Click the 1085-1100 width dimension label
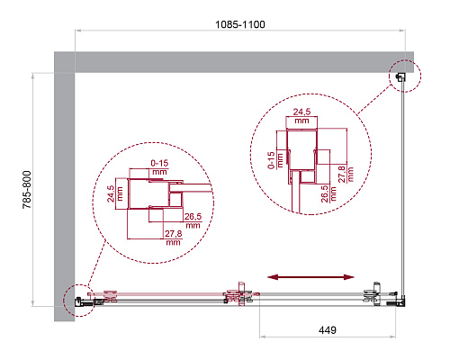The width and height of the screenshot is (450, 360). click(x=240, y=24)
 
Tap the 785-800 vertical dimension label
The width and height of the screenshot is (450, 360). click(x=27, y=190)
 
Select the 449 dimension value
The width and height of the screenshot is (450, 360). click(x=328, y=330)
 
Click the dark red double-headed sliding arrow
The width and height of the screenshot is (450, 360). click(x=310, y=277)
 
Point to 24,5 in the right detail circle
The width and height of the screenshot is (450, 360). click(x=301, y=112)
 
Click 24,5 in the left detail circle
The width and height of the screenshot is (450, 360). click(x=111, y=193)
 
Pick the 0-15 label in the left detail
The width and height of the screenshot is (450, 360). click(x=159, y=163)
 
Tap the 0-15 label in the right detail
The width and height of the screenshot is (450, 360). click(x=272, y=160)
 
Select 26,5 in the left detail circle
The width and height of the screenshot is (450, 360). click(x=193, y=216)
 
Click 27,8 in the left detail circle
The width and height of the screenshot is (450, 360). click(x=174, y=233)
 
